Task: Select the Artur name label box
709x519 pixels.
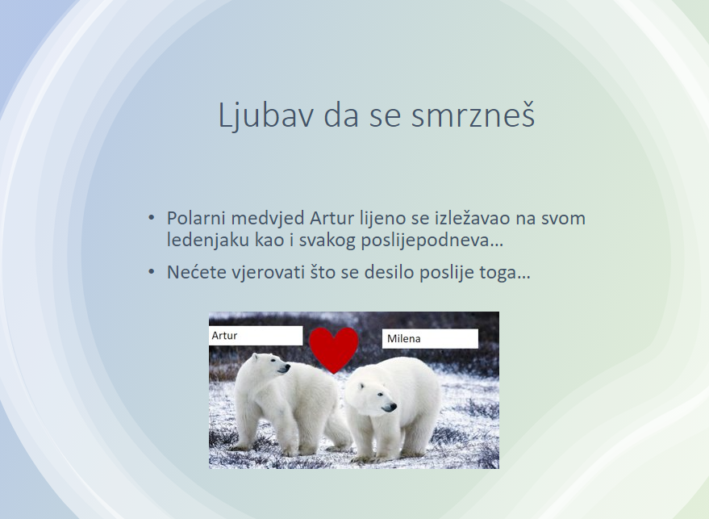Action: (x=256, y=335)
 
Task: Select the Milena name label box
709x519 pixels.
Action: (x=430, y=338)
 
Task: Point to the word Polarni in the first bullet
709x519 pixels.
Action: (x=196, y=218)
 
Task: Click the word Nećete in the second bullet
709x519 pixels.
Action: (x=196, y=272)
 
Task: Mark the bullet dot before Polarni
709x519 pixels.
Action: (x=152, y=218)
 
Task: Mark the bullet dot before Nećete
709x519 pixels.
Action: (x=152, y=272)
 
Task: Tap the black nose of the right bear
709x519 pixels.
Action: (x=390, y=408)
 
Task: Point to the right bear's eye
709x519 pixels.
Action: (x=379, y=395)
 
